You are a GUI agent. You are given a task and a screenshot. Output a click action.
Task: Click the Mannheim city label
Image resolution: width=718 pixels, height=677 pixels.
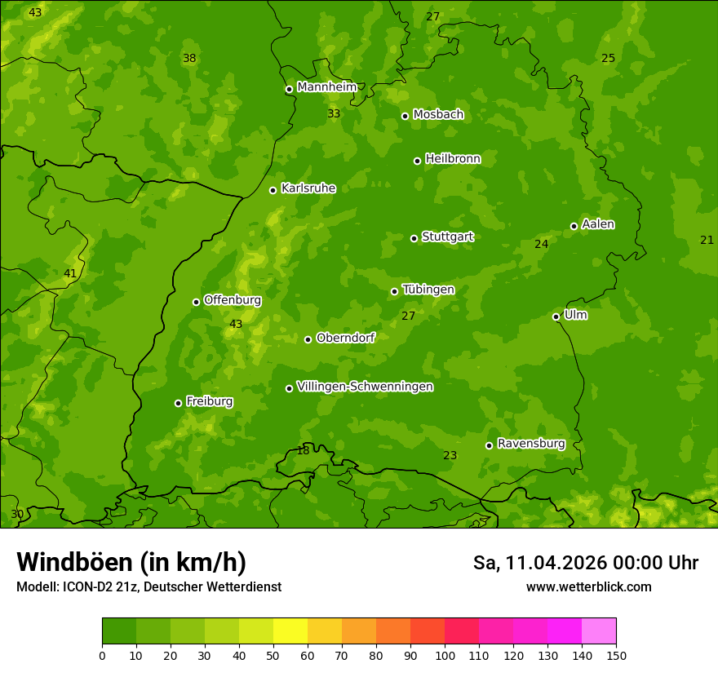(326, 87)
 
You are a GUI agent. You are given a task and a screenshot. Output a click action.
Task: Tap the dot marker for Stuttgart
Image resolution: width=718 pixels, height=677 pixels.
(414, 238)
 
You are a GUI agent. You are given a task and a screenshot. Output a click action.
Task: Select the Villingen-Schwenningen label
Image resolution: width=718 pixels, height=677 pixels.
(365, 387)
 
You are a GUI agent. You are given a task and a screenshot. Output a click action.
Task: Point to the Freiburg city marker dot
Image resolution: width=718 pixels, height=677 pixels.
(178, 403)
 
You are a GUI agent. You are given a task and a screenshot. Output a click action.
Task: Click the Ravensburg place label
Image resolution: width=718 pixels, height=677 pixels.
(530, 444)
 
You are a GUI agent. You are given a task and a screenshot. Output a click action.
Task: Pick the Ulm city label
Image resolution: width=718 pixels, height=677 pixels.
(575, 315)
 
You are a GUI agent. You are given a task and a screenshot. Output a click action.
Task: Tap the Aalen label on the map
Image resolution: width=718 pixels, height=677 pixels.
(597, 224)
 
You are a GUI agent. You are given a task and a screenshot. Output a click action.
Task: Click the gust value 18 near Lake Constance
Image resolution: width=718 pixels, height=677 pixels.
(303, 451)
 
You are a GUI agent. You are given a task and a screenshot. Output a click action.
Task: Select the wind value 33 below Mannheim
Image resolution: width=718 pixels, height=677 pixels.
(334, 114)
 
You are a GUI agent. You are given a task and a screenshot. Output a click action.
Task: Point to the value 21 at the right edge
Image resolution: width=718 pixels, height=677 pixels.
(707, 240)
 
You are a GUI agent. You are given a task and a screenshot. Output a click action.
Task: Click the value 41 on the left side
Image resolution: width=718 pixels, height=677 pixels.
(70, 274)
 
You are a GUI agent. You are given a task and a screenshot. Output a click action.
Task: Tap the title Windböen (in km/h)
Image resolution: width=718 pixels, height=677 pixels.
(131, 562)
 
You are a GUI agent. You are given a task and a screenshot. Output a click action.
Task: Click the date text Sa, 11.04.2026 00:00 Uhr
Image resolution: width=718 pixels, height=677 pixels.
(585, 563)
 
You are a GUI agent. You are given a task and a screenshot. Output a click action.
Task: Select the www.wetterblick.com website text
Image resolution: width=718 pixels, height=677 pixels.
(588, 587)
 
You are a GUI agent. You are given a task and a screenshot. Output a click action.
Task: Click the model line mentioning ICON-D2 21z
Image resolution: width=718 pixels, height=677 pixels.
(148, 587)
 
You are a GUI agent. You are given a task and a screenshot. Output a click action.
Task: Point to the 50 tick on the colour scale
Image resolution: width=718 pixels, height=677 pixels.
(273, 655)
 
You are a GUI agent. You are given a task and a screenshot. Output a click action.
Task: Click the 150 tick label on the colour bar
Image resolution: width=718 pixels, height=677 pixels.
(616, 655)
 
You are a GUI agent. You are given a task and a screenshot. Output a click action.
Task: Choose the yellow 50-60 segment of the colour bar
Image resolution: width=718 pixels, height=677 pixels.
(290, 631)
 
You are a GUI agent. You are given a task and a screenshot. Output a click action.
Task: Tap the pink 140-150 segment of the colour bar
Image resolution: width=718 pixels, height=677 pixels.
(598, 631)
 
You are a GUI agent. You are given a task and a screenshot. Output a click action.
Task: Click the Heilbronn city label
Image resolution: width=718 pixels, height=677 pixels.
(452, 159)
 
